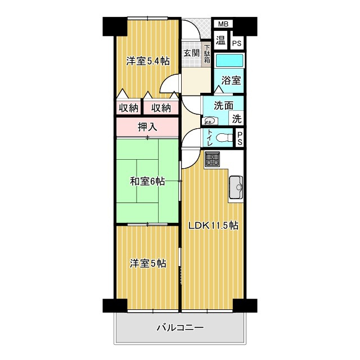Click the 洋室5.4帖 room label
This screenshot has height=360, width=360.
147,61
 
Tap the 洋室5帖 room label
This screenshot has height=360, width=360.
148,263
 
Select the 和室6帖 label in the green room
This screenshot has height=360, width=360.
147,181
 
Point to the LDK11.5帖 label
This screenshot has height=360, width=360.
213,226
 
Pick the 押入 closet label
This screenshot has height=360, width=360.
148,127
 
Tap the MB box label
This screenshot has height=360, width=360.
223,24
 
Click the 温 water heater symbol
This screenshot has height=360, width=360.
221,40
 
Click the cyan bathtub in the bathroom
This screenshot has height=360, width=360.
229,61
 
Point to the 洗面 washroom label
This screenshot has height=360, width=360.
222,105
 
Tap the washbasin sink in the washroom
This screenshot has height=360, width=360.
210,119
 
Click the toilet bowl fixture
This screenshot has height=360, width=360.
225,137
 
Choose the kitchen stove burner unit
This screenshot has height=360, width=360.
213,159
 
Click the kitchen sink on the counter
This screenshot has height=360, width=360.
236,185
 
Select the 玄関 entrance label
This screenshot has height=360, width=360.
191,53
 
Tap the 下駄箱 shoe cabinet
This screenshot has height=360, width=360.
207,54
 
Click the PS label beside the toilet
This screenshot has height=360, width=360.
240,138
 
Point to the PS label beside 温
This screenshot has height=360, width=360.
237,43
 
